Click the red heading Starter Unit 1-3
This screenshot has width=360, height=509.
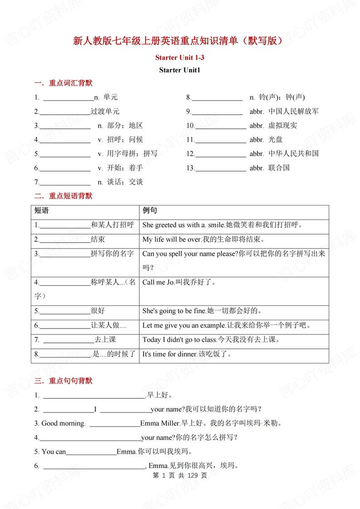[x=180, y=58]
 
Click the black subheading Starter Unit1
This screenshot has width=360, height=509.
[x=180, y=70]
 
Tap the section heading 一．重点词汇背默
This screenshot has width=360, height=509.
[x=64, y=83]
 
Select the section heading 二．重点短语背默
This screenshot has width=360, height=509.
[x=64, y=196]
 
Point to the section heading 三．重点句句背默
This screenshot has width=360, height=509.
[x=64, y=381]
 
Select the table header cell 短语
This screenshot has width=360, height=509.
[x=41, y=211]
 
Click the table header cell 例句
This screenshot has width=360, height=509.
[x=150, y=211]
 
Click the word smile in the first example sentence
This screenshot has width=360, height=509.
[x=216, y=225]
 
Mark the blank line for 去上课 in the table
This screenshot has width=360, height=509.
[x=68, y=340]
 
